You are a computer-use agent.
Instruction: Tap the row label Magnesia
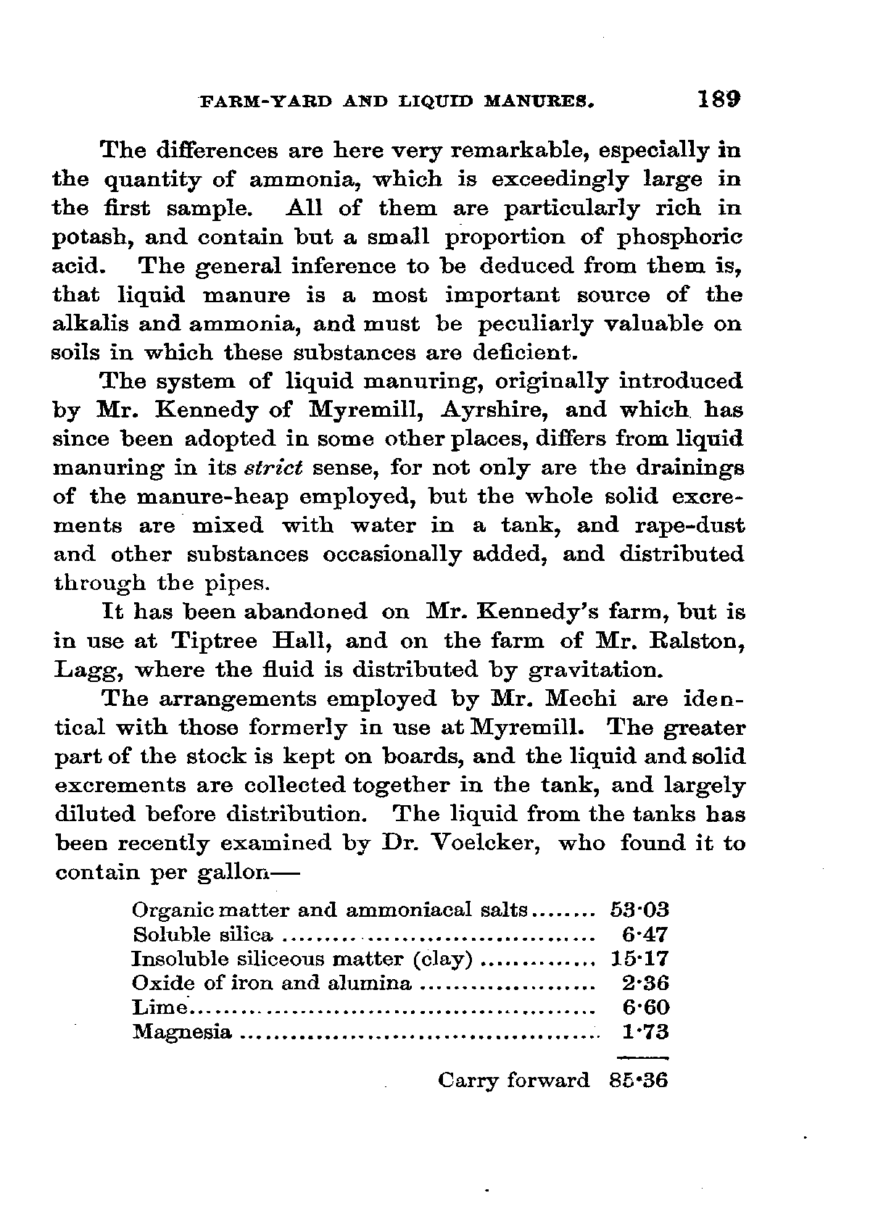pos(182,1032)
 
